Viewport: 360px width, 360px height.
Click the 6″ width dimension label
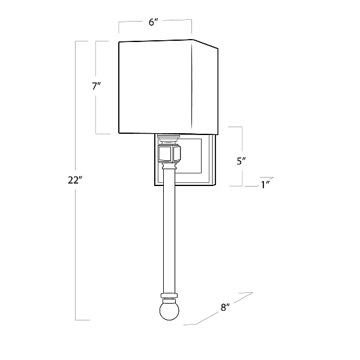pyautogui.click(x=154, y=22)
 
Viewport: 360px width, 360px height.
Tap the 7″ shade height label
pyautogui.click(x=97, y=86)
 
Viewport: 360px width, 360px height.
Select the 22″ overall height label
pyautogui.click(x=75, y=180)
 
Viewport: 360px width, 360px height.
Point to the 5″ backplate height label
pyautogui.click(x=241, y=161)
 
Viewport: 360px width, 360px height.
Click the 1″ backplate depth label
pyautogui.click(x=265, y=185)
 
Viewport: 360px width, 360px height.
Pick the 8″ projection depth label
pyautogui.click(x=225, y=307)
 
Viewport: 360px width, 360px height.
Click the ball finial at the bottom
pyautogui.click(x=169, y=311)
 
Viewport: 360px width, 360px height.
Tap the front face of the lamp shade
pyautogui.click(x=155, y=86)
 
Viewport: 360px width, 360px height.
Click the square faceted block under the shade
pyautogui.click(x=169, y=154)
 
